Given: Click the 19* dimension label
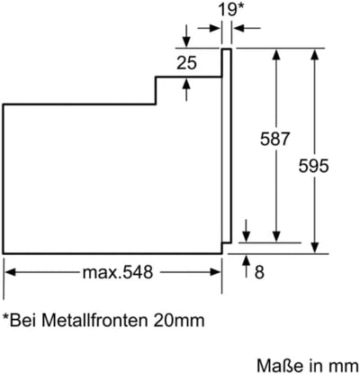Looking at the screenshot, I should point(229,11).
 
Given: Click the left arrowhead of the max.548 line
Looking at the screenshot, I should point(10,269).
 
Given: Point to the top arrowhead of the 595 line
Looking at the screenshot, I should point(314,55).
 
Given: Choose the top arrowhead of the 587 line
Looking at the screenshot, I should point(277,55).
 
